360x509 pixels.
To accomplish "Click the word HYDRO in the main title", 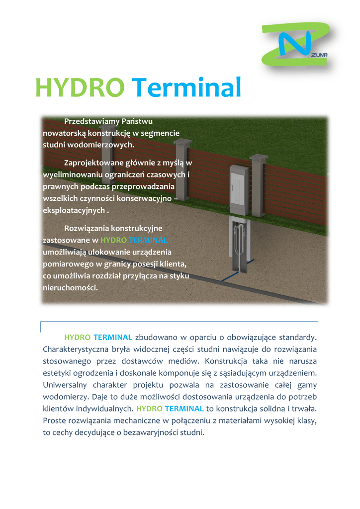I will click(x=80, y=87).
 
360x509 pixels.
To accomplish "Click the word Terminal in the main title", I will click(x=188, y=87).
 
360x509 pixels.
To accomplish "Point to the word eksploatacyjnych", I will click(x=74, y=210).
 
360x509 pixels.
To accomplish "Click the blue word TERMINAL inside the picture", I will click(x=148, y=241).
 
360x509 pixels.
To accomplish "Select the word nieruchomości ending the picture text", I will click(x=70, y=288).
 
